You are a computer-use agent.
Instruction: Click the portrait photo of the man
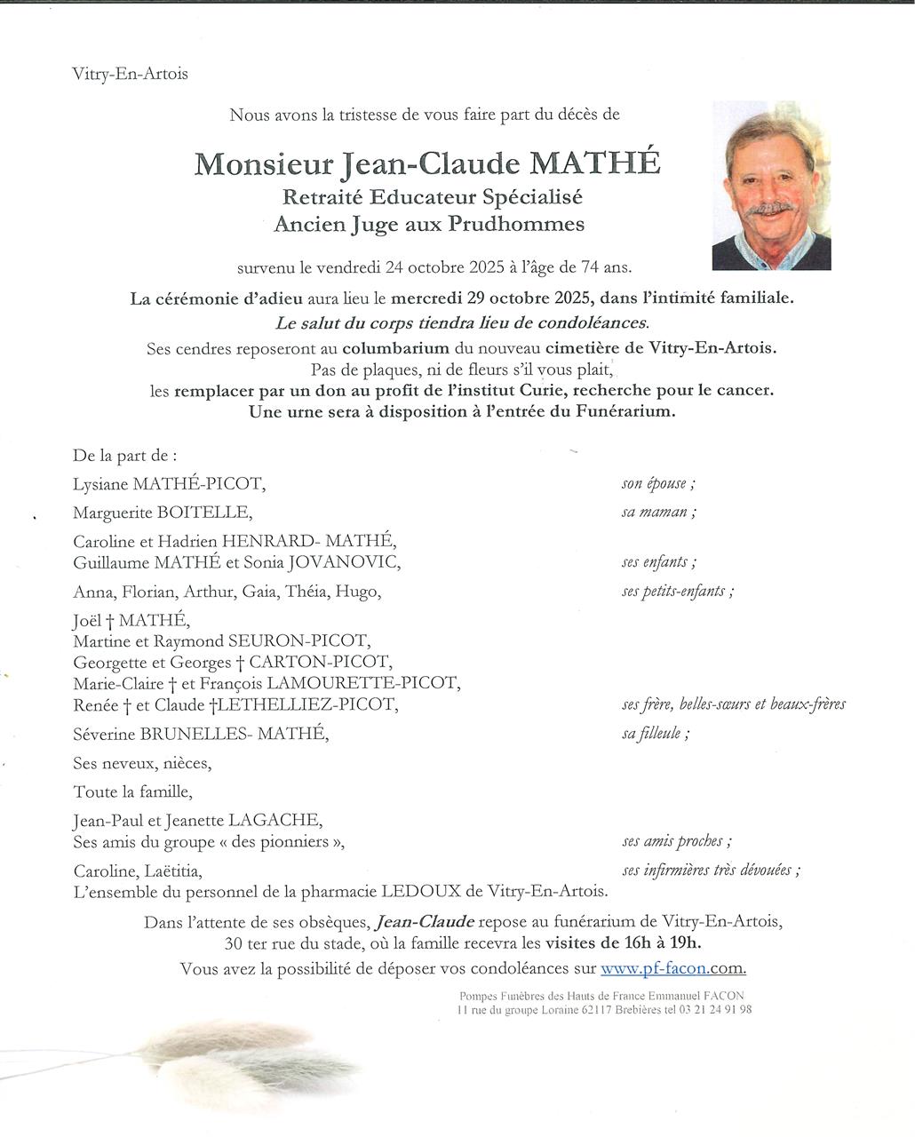point(771,185)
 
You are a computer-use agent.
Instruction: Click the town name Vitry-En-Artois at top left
point(130,75)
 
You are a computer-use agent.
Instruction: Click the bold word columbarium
point(397,348)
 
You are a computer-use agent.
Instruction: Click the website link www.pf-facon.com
point(672,968)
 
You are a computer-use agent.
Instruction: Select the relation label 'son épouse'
point(657,484)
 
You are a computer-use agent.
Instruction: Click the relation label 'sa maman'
point(657,513)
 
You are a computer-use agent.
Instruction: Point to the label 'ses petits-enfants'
point(677,592)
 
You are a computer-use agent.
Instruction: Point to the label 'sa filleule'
point(656,734)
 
